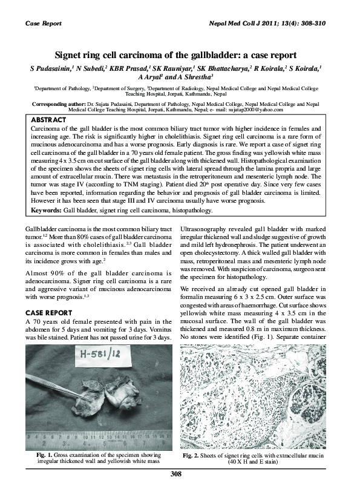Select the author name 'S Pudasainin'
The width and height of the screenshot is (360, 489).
(48, 68)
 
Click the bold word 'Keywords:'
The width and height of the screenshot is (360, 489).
(47, 211)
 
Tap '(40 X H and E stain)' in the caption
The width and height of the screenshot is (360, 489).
(253, 461)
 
